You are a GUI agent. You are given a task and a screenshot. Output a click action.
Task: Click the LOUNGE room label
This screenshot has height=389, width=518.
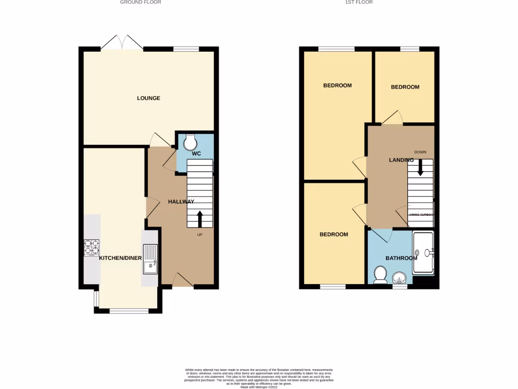point(148,98)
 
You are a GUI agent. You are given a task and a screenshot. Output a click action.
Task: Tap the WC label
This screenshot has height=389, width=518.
point(197,153)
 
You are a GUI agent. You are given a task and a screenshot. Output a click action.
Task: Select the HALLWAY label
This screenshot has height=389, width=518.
point(181,202)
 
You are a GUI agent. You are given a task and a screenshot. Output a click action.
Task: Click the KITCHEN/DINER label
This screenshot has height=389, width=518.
point(120,258)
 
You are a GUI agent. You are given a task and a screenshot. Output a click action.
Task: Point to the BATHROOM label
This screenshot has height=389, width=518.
point(402,258)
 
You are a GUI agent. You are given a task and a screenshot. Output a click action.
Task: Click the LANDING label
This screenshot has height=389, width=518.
point(401,160)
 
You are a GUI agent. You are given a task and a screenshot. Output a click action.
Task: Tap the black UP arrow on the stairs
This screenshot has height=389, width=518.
point(200,218)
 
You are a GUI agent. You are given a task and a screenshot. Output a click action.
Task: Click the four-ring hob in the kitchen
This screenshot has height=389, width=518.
point(92,247)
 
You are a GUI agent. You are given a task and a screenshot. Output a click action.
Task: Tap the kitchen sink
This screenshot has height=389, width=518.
point(151,259)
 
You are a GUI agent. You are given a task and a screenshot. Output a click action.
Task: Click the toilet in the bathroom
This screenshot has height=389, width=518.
point(380,275)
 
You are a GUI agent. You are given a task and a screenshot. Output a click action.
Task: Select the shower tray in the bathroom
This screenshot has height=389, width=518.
point(423,252)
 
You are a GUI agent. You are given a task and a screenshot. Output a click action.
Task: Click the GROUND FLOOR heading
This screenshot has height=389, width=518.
point(141,3)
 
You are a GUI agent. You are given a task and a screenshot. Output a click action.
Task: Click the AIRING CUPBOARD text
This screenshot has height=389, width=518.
point(421,215)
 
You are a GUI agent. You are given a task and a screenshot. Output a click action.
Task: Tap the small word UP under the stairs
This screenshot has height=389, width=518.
point(200,235)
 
